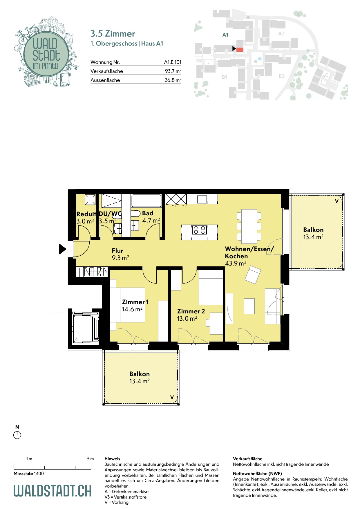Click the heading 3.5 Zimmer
(x=113, y=34)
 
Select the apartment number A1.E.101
(x=173, y=62)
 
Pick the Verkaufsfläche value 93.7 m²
(x=173, y=71)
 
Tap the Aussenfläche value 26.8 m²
(x=173, y=80)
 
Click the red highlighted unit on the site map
(x=240, y=50)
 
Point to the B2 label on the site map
(x=282, y=76)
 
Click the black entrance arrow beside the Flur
(x=63, y=249)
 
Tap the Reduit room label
(x=86, y=214)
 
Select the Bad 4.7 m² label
(x=151, y=217)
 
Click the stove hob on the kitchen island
(x=199, y=230)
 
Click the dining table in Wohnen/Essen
(x=249, y=226)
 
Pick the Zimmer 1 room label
(x=135, y=302)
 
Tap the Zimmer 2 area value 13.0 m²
(x=187, y=319)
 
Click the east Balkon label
(x=313, y=230)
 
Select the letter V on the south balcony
(x=172, y=397)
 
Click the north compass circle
(x=17, y=435)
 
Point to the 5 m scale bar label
(x=91, y=459)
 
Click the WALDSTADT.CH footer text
(x=53, y=491)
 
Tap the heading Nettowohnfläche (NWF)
(x=257, y=474)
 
